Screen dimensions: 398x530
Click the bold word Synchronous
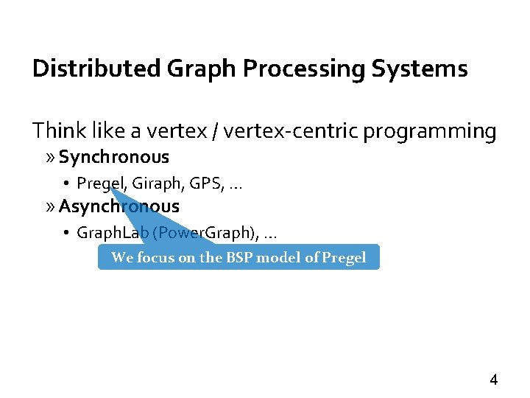[x=114, y=157]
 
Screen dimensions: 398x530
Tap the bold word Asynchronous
[x=119, y=206]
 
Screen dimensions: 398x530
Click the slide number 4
[x=494, y=380]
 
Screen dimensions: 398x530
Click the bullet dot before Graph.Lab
[x=66, y=234]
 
